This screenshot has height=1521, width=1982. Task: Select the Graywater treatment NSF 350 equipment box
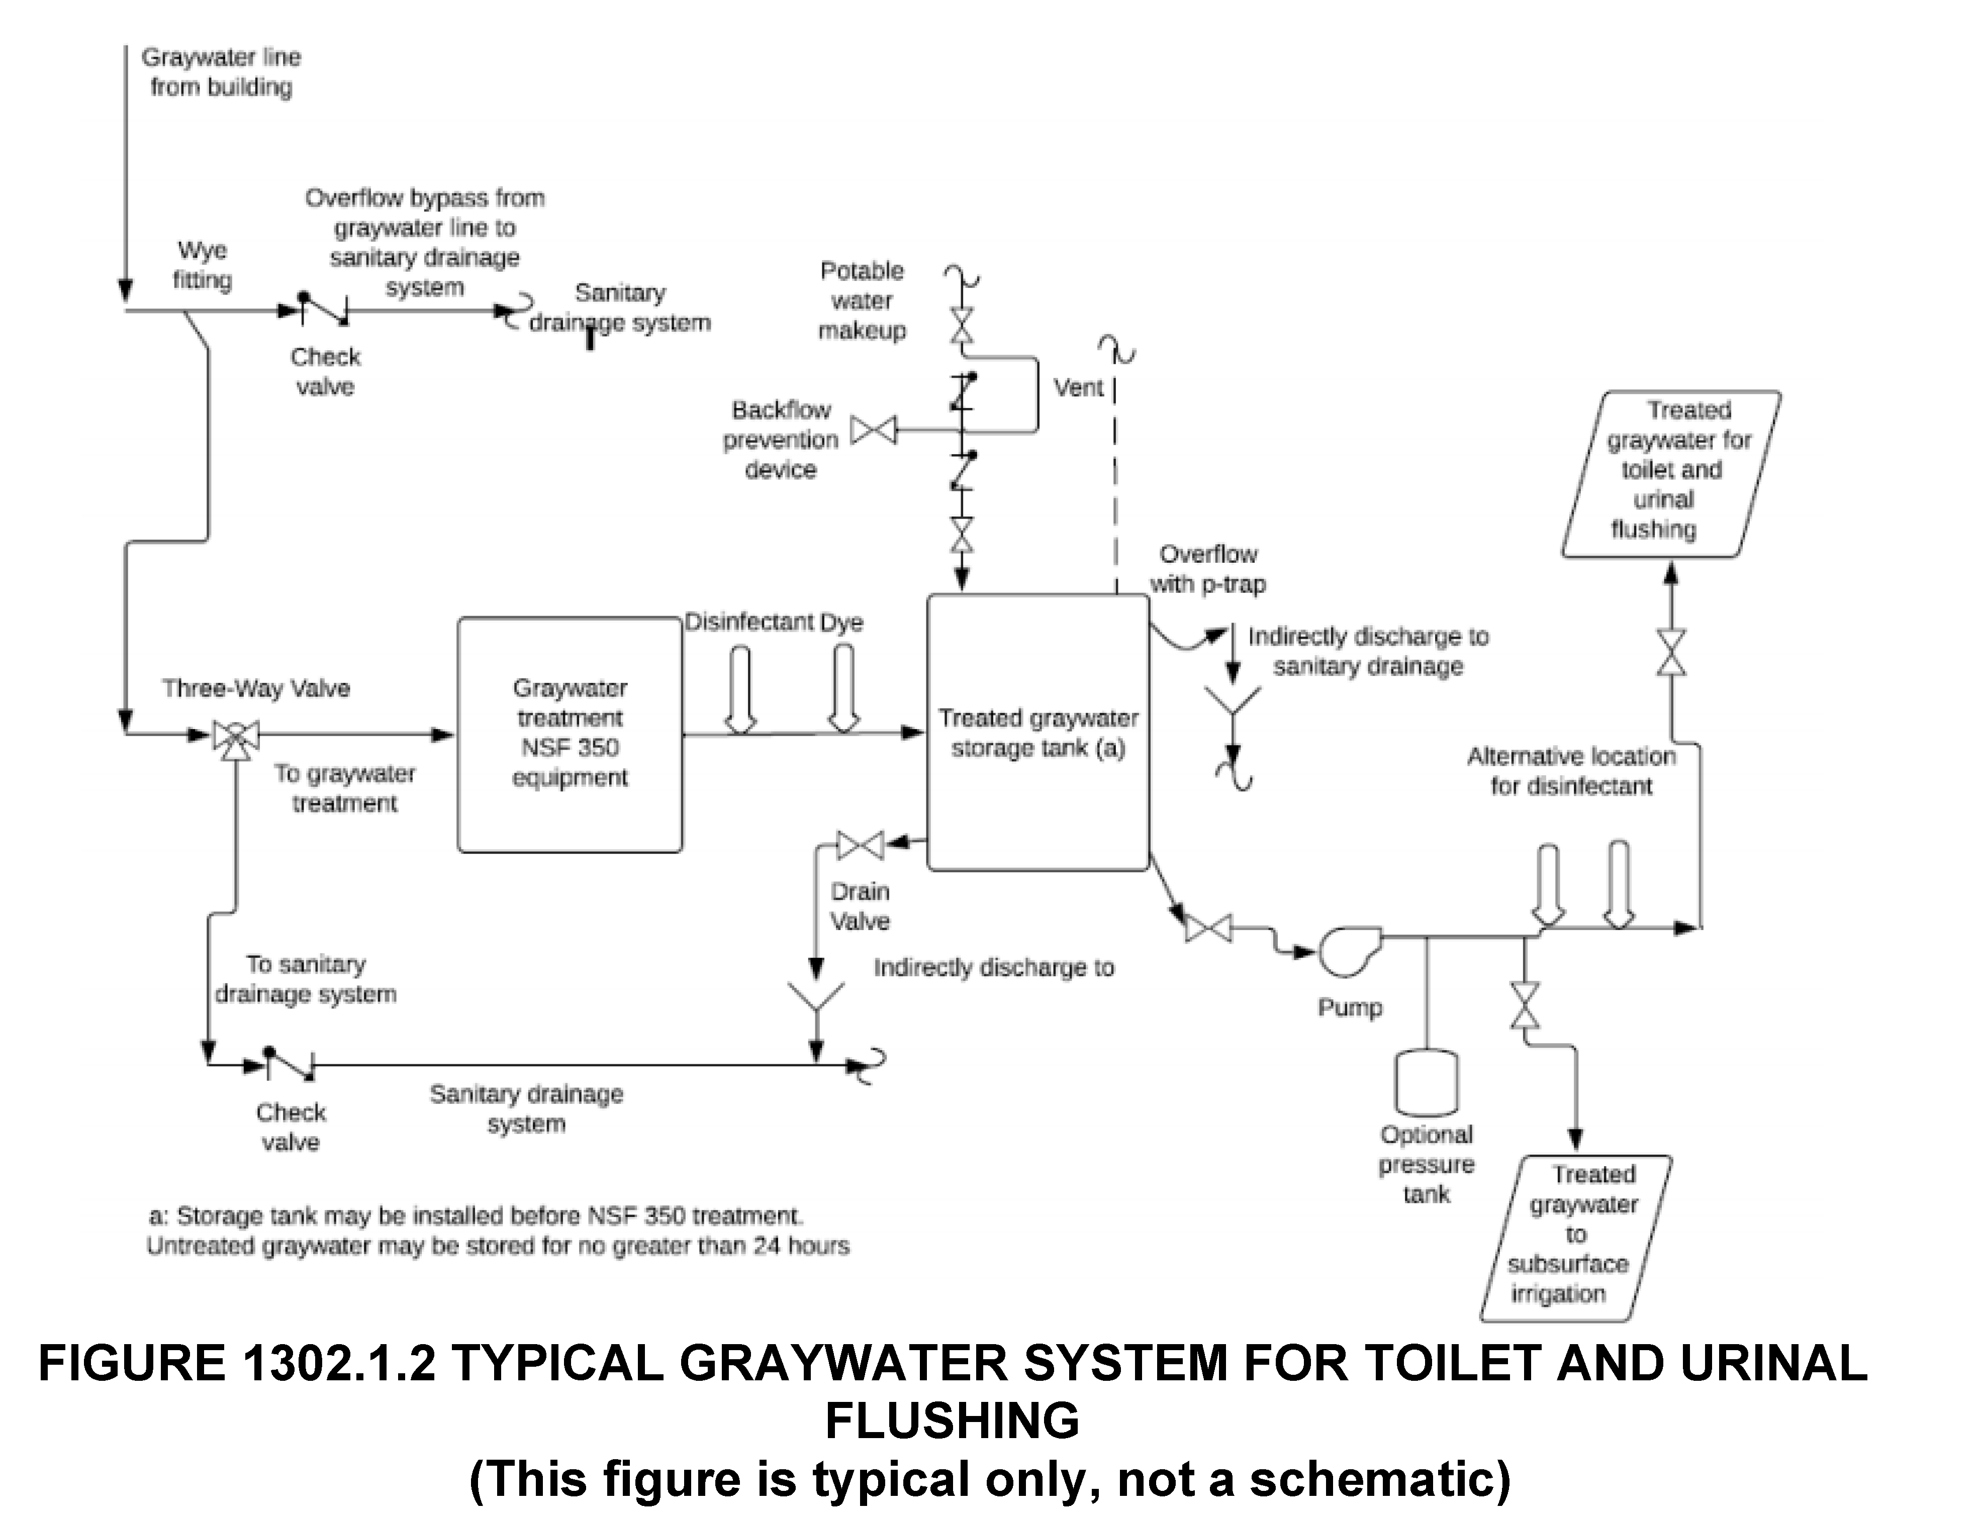(x=570, y=734)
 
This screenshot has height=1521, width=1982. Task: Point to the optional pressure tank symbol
(x=1426, y=1083)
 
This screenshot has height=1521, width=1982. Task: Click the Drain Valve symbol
(x=860, y=846)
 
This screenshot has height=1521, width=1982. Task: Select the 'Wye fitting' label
(x=202, y=265)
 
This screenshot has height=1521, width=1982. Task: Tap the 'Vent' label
(x=1078, y=387)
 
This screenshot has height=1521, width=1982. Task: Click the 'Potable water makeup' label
(x=862, y=300)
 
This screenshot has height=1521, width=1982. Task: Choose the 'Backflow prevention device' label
(x=781, y=440)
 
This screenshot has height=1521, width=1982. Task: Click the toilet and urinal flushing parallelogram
(x=1670, y=473)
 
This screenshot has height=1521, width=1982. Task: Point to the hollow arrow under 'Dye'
(x=844, y=687)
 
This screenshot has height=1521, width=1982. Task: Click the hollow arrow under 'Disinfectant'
(x=740, y=688)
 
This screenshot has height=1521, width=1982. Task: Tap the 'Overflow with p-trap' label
(x=1208, y=569)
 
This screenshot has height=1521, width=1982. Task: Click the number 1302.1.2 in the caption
(x=339, y=1363)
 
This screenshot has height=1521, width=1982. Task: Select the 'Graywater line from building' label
(x=221, y=72)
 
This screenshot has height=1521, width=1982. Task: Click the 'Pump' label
(x=1349, y=1007)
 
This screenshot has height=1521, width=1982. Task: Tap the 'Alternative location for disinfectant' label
(x=1571, y=770)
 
